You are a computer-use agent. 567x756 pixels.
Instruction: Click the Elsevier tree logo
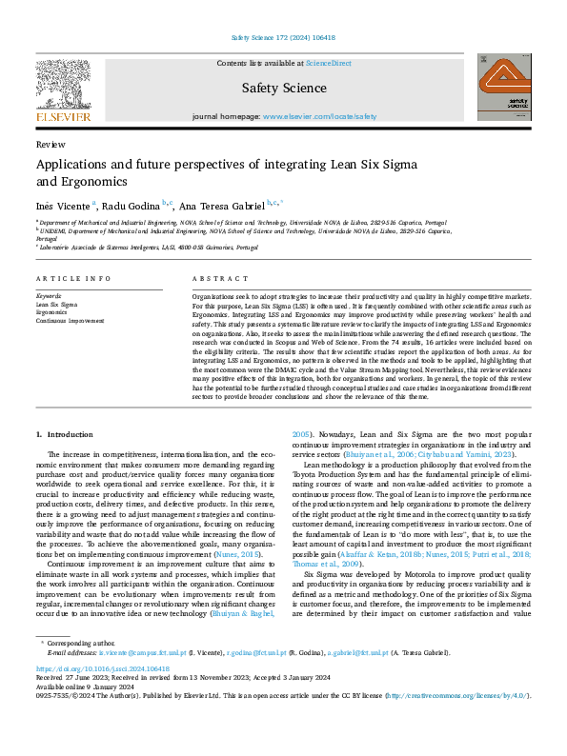pos(63,89)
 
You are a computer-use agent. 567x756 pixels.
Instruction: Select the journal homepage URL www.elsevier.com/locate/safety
pos(319,116)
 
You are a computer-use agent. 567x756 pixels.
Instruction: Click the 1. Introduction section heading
pos(66,434)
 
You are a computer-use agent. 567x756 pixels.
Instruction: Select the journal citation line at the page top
pos(283,38)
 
